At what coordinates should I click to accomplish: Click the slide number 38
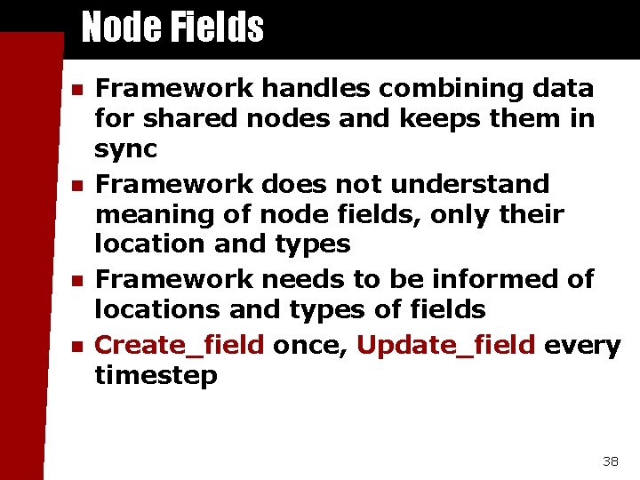pyautogui.click(x=610, y=460)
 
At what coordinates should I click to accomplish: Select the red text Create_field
pyautogui.click(x=180, y=345)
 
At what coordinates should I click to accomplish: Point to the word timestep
pyautogui.click(x=156, y=375)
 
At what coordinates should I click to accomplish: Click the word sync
pyautogui.click(x=125, y=148)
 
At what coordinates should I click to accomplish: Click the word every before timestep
pyautogui.click(x=582, y=345)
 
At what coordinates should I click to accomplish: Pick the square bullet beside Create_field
pyautogui.click(x=76, y=346)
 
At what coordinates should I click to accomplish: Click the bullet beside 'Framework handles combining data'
pyautogui.click(x=76, y=90)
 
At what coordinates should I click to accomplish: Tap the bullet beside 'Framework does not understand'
pyautogui.click(x=76, y=185)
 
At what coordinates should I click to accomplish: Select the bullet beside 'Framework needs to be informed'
pyautogui.click(x=76, y=280)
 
